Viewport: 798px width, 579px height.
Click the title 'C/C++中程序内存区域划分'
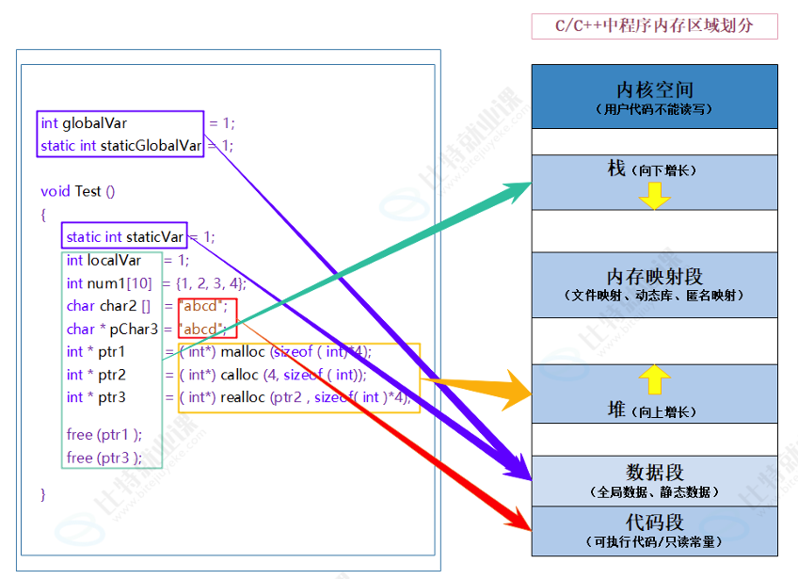coord(654,26)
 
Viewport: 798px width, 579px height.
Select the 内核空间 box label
coord(655,89)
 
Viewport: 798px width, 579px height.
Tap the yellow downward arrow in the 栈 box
coord(655,195)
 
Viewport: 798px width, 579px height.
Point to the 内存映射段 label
coord(655,277)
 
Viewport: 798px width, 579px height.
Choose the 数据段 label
coord(655,473)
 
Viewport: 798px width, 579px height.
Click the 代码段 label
coord(655,523)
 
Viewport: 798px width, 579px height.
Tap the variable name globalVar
coord(94,123)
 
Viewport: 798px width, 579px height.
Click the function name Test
coord(88,191)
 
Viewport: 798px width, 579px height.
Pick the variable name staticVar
coord(154,237)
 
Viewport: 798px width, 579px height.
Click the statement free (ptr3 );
coord(104,458)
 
